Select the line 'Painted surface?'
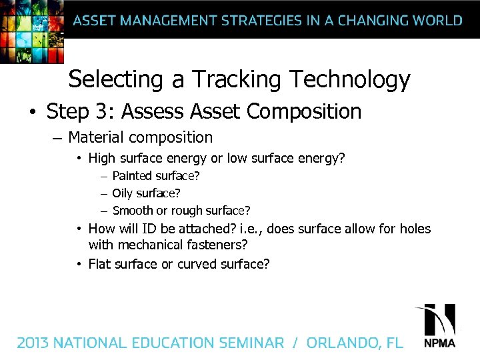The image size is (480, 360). (x=156, y=176)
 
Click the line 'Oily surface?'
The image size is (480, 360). (x=147, y=193)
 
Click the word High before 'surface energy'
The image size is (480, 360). (x=101, y=159)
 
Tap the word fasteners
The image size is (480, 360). (x=211, y=245)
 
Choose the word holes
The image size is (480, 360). (x=415, y=229)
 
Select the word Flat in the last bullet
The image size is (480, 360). (x=100, y=264)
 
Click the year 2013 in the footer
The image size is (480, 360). (x=33, y=343)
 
